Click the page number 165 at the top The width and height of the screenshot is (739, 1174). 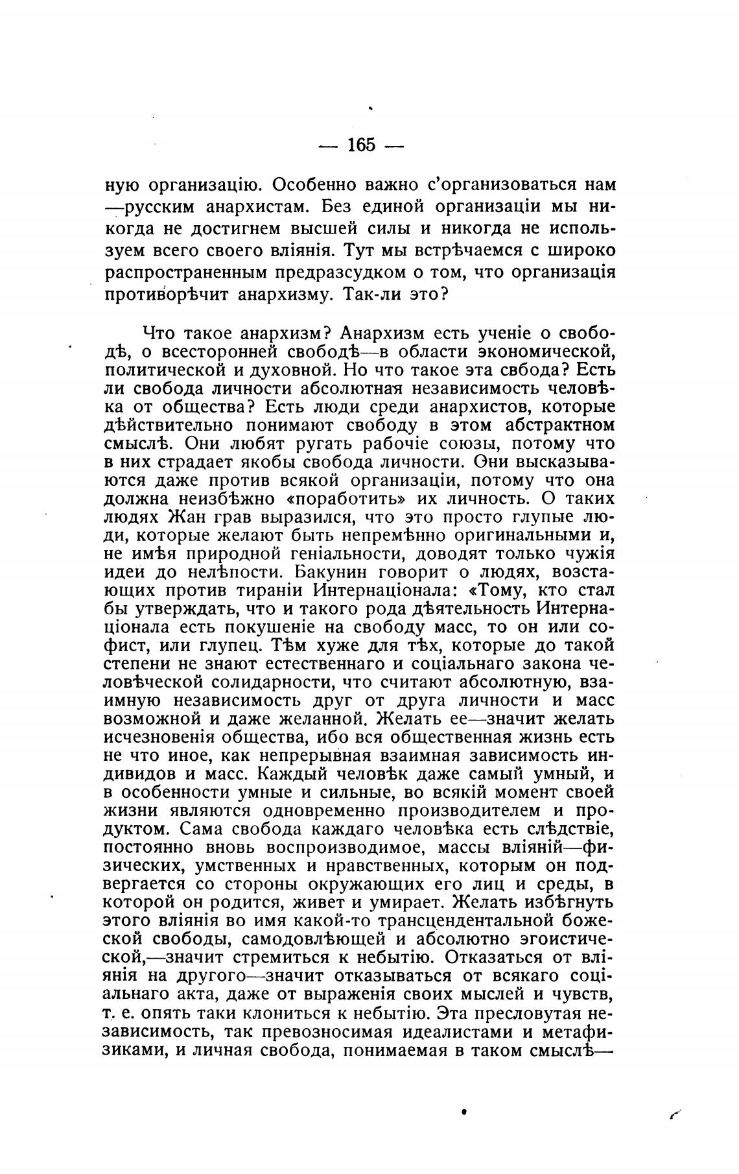tap(361, 145)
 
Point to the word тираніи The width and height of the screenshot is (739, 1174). tap(266, 591)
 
